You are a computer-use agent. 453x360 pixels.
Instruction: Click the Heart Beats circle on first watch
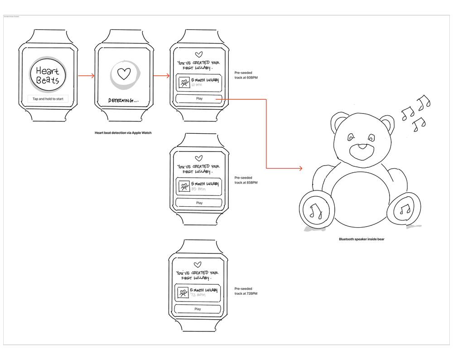[48, 75]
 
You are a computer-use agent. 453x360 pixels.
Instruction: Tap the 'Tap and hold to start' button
[48, 99]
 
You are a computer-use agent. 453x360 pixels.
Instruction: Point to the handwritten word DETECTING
[122, 100]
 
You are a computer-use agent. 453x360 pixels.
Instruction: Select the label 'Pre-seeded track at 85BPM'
[246, 180]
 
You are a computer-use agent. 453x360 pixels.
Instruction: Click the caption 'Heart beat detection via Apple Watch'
[123, 132]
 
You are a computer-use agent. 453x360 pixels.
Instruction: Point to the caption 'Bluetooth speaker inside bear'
[361, 239]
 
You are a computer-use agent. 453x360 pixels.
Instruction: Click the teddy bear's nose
[363, 147]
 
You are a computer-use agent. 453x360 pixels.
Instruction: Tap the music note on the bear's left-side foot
[315, 210]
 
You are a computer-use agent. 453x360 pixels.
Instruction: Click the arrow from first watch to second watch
[86, 76]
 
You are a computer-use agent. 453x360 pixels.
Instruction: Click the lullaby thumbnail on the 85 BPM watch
[184, 186]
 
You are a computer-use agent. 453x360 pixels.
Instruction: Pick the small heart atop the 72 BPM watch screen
[197, 265]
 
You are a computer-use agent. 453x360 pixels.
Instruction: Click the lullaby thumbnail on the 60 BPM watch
[184, 83]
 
